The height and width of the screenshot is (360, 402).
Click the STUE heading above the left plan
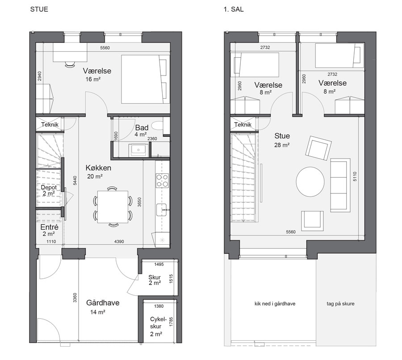click(39, 9)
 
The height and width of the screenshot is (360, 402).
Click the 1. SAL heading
click(234, 9)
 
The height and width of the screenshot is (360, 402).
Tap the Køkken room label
click(98, 168)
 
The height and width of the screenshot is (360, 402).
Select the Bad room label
click(142, 127)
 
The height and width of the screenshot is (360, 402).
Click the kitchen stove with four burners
click(163, 180)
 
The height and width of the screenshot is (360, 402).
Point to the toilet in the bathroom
click(157, 126)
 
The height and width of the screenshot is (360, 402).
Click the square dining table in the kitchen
click(113, 207)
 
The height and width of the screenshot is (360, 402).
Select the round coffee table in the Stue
click(310, 181)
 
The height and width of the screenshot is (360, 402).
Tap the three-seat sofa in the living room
click(340, 185)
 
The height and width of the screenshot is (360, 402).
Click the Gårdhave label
click(103, 303)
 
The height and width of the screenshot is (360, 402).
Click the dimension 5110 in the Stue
click(355, 176)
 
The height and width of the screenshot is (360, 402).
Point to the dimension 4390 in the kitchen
click(119, 241)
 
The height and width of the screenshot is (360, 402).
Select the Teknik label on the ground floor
click(50, 125)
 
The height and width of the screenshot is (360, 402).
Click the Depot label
click(49, 187)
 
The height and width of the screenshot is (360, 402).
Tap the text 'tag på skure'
click(340, 304)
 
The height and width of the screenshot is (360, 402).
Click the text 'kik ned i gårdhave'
click(275, 304)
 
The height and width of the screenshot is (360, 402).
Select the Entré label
click(50, 227)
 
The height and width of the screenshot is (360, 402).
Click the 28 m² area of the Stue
click(282, 145)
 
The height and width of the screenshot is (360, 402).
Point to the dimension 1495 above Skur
click(159, 264)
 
